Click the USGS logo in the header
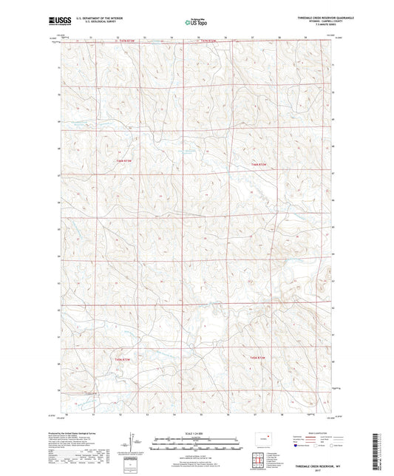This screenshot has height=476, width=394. [58, 21]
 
